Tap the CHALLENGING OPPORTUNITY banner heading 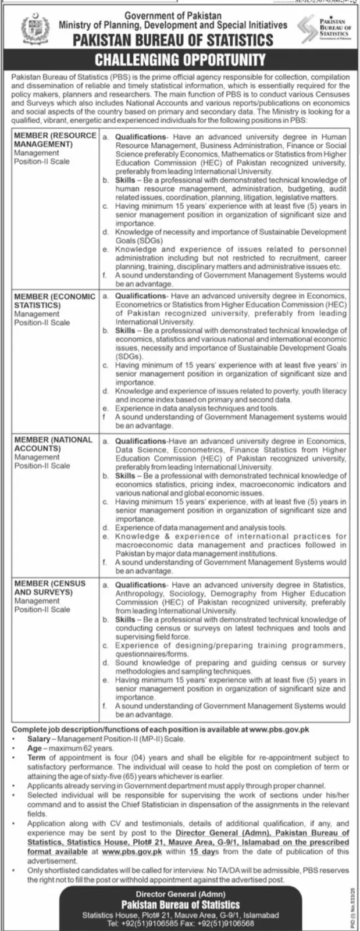point(180,59)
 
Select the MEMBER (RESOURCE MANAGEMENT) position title point(55,140)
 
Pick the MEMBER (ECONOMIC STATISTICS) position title point(55,301)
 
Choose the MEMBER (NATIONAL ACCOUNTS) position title point(53,444)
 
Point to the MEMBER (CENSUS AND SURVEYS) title point(49,587)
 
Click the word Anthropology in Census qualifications point(140,594)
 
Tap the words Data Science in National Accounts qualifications point(138,450)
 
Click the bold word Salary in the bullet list point(38,739)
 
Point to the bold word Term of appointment point(35,758)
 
